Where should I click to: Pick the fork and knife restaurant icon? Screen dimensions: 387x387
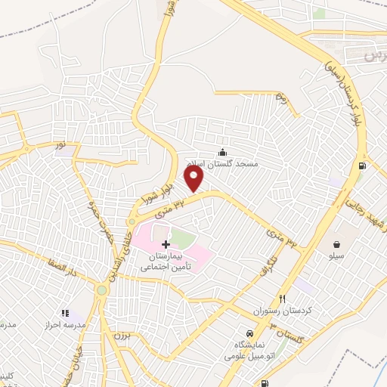pos(283,299)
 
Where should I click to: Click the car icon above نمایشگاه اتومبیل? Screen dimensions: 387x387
pos(249,333)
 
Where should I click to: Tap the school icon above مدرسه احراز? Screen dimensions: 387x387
pos(65,311)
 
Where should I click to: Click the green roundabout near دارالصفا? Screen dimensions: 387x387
pos(101,290)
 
